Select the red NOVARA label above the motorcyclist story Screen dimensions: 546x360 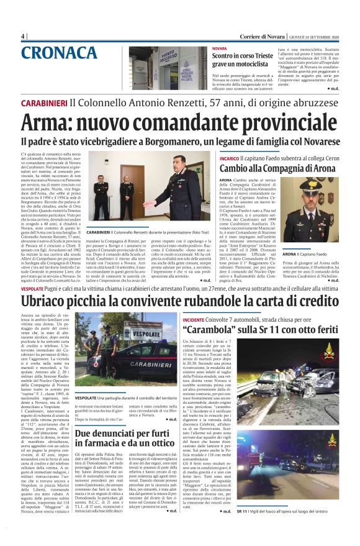click(219, 48)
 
